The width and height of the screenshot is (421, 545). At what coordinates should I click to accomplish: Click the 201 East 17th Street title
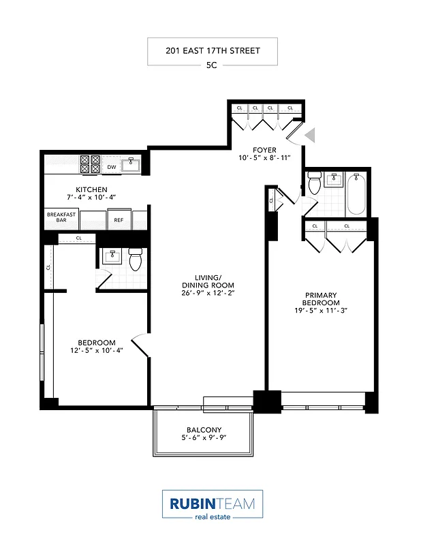[x=212, y=50]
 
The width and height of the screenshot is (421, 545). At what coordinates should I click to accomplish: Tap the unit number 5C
[x=212, y=66]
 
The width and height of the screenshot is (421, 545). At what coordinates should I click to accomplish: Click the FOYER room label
[x=264, y=149]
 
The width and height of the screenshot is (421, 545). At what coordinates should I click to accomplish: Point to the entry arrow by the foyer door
[x=310, y=136]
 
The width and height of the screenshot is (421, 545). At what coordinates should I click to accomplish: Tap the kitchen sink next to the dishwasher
[x=131, y=165]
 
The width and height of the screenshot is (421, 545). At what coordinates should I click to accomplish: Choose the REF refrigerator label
[x=119, y=219]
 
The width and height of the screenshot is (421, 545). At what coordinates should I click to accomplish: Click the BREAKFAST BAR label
[x=60, y=217]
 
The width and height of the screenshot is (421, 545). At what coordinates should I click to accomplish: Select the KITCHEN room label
[x=91, y=189]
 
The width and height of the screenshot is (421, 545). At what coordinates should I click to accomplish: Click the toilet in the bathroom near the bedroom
[x=135, y=260]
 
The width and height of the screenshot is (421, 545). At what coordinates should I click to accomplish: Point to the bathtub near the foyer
[x=357, y=195]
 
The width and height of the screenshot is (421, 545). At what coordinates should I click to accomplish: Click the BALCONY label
[x=204, y=429]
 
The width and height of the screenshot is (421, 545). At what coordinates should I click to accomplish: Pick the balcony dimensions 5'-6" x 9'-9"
[x=204, y=438]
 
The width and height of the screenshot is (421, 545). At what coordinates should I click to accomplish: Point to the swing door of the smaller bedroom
[x=140, y=345]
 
